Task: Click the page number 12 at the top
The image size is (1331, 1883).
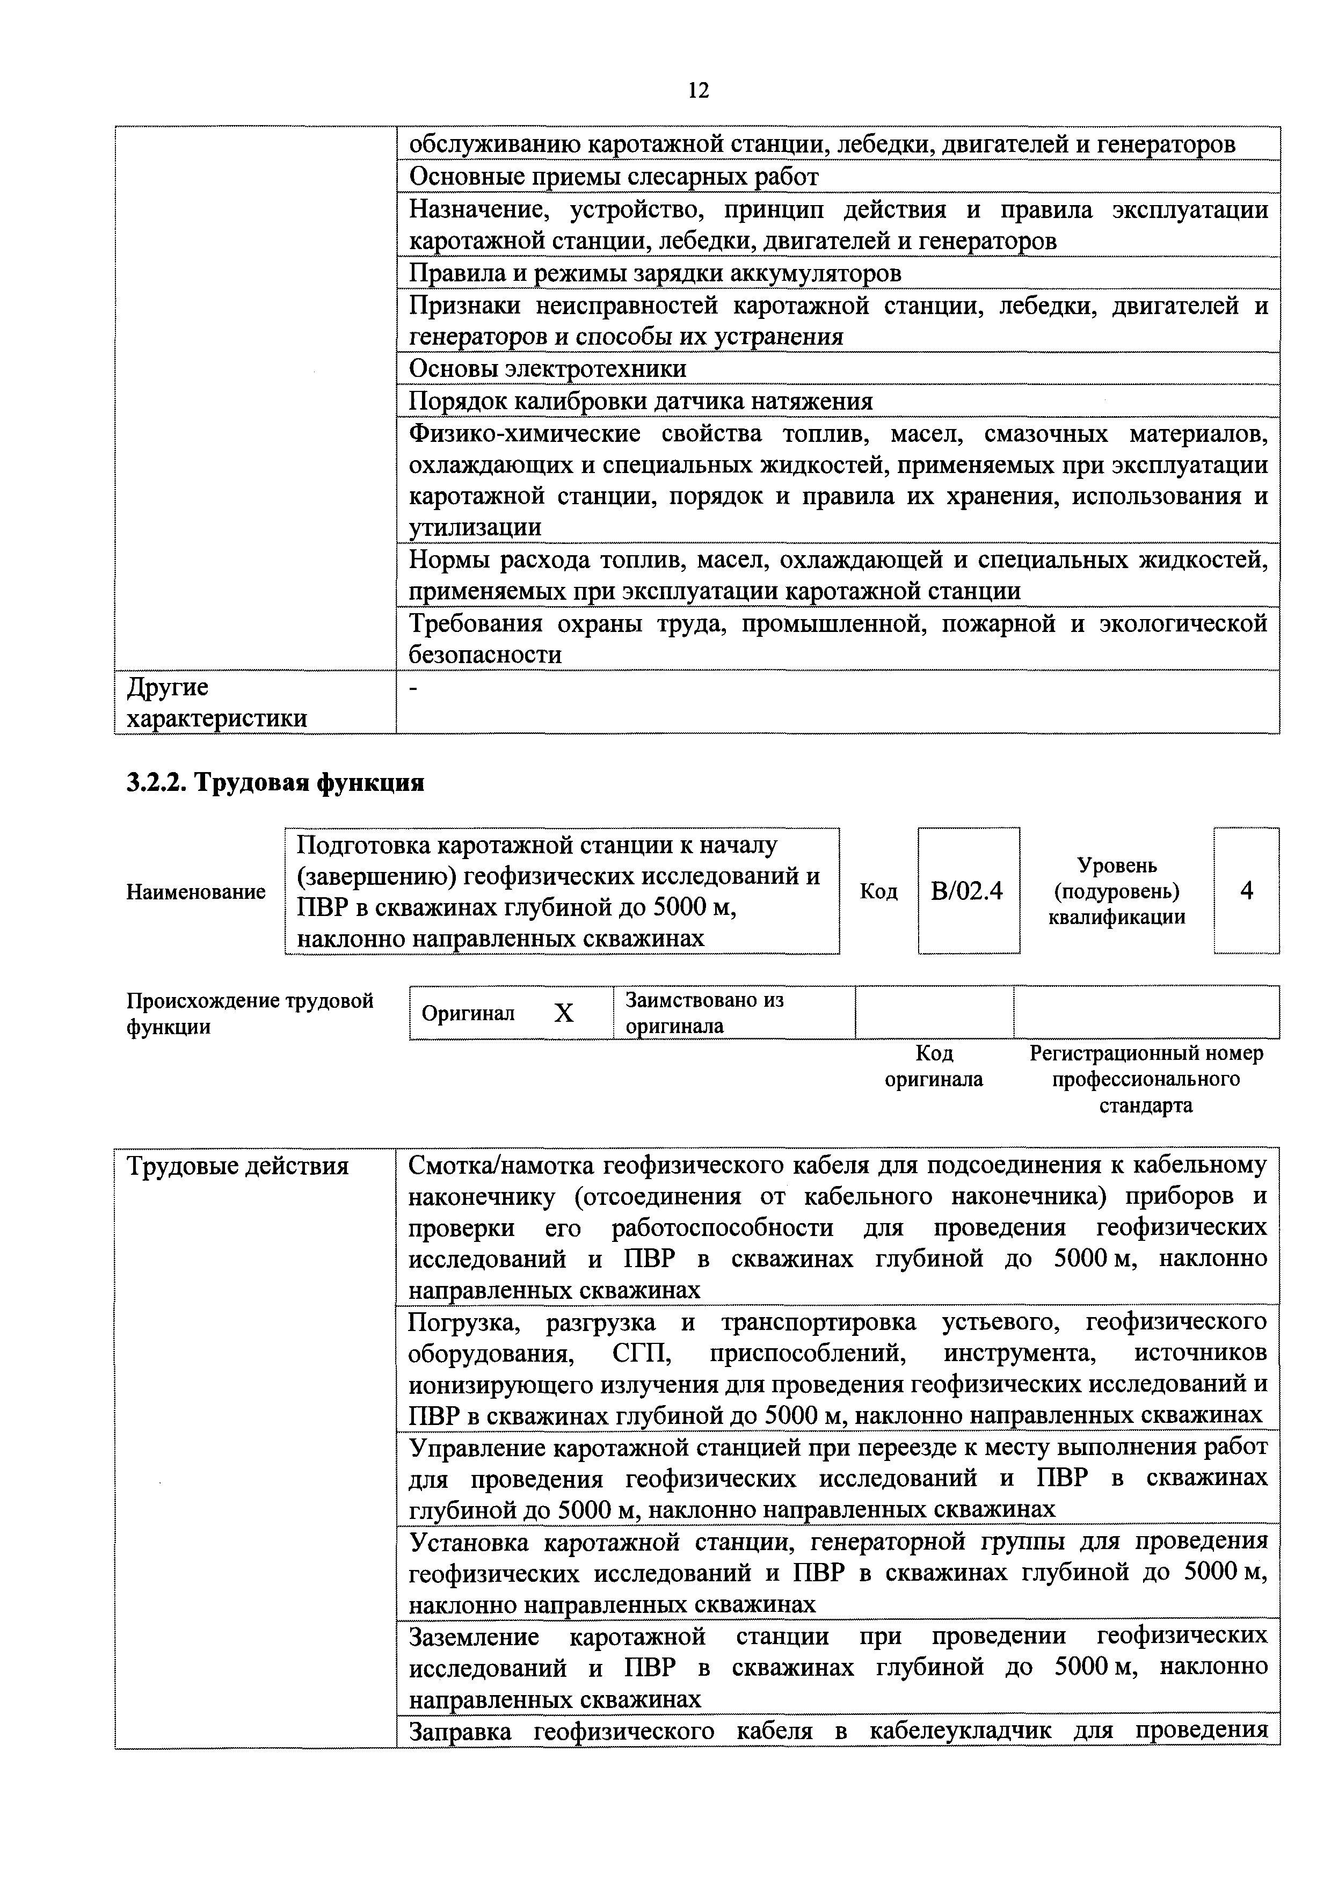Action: click(x=698, y=90)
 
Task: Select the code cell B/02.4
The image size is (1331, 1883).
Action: click(x=968, y=891)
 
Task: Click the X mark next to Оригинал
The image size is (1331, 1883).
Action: click(x=563, y=1014)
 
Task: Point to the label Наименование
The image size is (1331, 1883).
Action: click(x=196, y=891)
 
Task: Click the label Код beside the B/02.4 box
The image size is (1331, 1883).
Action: click(x=878, y=891)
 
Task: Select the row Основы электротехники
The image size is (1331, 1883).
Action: click(x=548, y=369)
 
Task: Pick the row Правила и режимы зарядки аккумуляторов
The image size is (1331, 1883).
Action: click(x=655, y=273)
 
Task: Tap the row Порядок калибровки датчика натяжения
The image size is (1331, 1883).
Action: click(x=641, y=401)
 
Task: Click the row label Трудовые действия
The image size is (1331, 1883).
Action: click(x=238, y=1165)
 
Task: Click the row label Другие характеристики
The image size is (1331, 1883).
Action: click(x=216, y=702)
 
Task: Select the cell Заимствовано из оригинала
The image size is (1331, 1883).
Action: click(x=704, y=1013)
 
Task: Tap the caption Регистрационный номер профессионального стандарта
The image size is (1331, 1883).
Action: click(x=1146, y=1079)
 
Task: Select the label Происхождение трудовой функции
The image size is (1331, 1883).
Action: click(x=249, y=1014)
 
